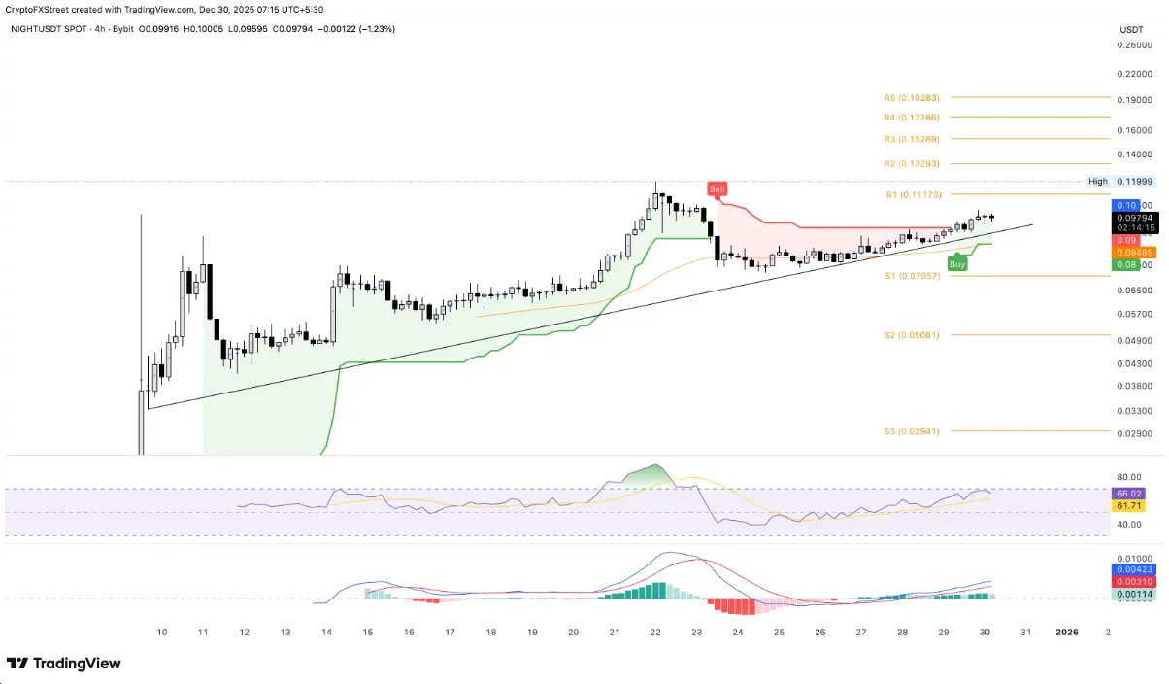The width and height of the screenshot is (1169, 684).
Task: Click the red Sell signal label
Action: point(717,188)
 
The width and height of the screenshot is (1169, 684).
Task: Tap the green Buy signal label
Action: point(957,263)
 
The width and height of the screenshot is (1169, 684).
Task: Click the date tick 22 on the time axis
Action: point(655,632)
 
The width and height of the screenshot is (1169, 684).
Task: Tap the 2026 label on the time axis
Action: point(1066,632)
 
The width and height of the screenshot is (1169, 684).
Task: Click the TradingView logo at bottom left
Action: point(64,664)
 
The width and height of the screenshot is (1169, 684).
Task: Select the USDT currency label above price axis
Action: point(1131,30)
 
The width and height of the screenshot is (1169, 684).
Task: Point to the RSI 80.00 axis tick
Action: point(1128,477)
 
